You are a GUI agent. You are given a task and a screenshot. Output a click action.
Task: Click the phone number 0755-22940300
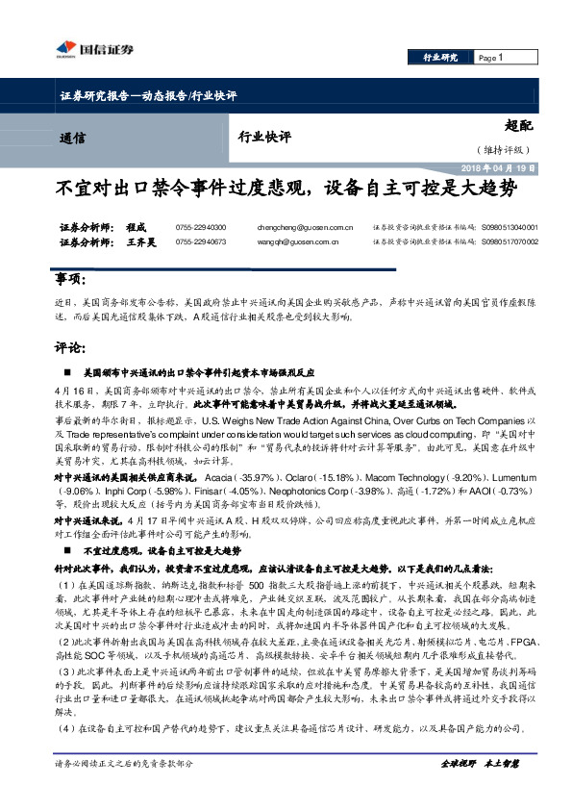click(x=200, y=227)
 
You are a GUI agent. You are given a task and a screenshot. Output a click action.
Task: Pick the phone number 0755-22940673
click(x=200, y=241)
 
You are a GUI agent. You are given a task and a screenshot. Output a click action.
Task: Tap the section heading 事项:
click(x=70, y=279)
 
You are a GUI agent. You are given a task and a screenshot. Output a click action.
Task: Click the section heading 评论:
click(x=70, y=347)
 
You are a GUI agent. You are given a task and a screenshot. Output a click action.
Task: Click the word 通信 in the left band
click(x=71, y=138)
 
